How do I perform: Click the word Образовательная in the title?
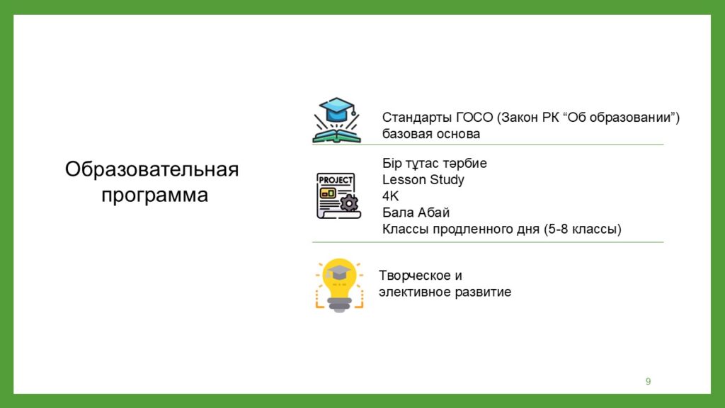coord(152,169)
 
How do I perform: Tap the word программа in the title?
coord(154,195)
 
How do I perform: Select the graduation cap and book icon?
coord(336,120)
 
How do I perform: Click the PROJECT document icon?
coord(338,195)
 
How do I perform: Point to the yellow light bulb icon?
coord(339,285)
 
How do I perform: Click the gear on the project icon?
coord(349,203)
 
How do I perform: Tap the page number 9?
coord(649,381)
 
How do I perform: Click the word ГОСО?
coord(474,118)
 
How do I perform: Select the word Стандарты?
coord(417,118)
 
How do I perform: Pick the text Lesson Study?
coord(423,179)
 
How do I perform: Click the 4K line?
coord(390,196)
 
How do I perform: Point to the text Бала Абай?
coord(416,212)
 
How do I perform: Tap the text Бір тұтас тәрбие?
coord(434,164)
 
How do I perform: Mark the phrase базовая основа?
coord(431,134)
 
